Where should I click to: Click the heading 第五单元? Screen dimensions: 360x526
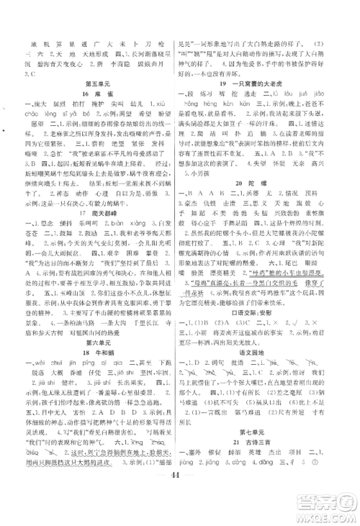[94, 83]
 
